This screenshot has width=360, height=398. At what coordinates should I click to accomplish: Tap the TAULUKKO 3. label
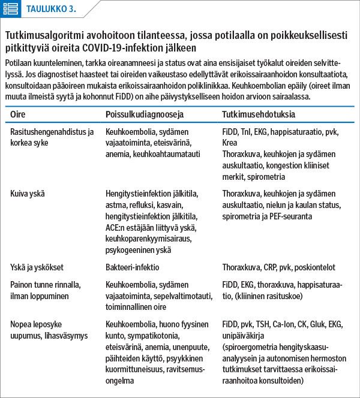tap(50, 9)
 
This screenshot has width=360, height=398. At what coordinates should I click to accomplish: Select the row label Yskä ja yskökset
tap(37, 267)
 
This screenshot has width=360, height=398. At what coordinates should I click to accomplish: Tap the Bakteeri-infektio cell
tap(132, 267)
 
